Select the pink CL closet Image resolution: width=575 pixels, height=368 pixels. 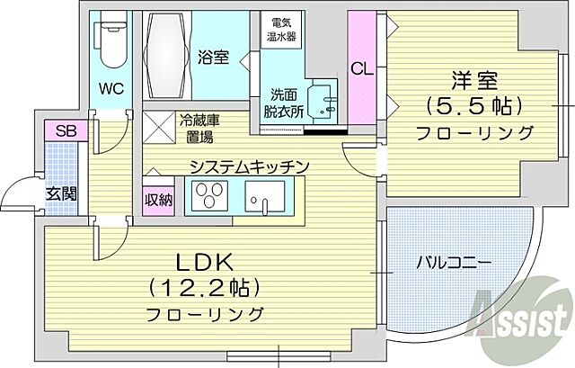(361, 68)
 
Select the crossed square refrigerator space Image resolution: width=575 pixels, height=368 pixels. (160, 129)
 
